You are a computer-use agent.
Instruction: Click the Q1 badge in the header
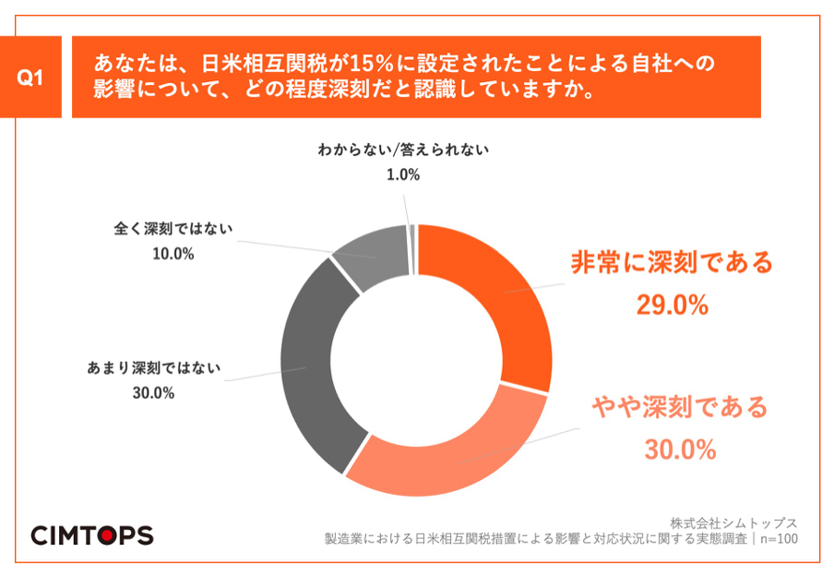click(31, 78)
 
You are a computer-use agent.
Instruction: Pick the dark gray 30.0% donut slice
click(309, 369)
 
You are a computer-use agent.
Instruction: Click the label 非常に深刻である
click(671, 263)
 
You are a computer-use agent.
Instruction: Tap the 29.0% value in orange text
click(672, 305)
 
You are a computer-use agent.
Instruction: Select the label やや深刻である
click(679, 406)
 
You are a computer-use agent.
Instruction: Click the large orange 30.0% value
click(679, 450)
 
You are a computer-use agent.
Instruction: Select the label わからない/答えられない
click(402, 150)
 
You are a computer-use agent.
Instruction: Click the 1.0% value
click(403, 174)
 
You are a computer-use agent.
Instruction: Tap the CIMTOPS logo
click(92, 535)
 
